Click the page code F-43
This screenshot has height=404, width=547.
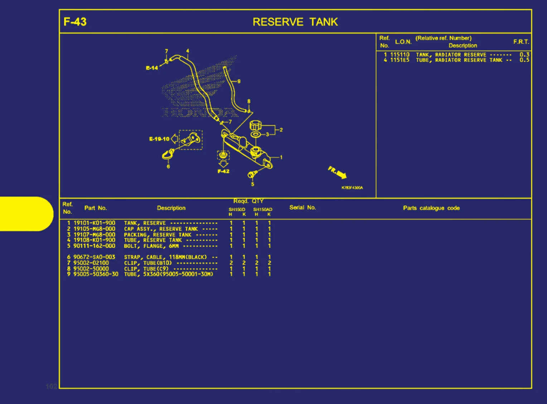(x=75, y=22)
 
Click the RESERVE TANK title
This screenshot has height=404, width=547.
(x=295, y=22)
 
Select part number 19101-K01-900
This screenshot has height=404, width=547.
(x=95, y=223)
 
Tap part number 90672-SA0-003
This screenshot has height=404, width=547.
(x=95, y=257)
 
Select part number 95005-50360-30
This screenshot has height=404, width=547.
(x=96, y=274)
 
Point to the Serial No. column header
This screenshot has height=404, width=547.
(x=302, y=208)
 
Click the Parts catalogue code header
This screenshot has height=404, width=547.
(x=431, y=208)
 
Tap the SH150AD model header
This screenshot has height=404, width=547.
(x=263, y=209)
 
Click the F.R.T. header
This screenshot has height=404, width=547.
(x=521, y=42)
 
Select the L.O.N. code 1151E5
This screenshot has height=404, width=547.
(x=400, y=60)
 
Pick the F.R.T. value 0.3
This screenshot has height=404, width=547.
(x=524, y=54)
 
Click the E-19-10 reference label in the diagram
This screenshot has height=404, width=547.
(x=159, y=139)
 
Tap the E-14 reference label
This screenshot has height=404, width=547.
(x=152, y=68)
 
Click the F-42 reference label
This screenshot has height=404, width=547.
(x=223, y=171)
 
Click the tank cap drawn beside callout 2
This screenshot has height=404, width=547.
(x=255, y=125)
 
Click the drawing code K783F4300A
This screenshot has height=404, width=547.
(x=352, y=188)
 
